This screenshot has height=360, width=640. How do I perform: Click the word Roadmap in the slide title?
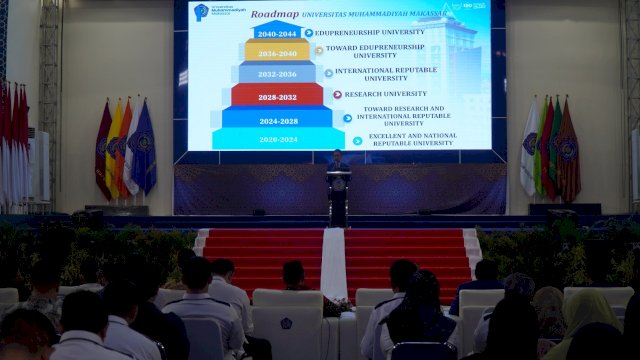(275, 14)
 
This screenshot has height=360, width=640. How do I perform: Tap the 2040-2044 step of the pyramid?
(277, 33)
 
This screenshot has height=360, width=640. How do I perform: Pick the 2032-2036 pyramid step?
(277, 73)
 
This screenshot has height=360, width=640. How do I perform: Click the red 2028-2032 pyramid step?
(277, 95)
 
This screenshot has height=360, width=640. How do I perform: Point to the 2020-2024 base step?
(277, 139)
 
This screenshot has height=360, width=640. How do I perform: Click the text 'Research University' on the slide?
(385, 94)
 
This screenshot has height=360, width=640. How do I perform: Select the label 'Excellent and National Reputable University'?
(412, 139)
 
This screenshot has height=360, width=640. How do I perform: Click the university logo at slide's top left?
(202, 12)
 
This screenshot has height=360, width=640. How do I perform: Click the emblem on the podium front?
(338, 184)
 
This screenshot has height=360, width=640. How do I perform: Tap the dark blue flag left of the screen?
(145, 150)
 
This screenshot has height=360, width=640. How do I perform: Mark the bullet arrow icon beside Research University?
(337, 94)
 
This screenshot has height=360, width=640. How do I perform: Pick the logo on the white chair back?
(287, 324)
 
